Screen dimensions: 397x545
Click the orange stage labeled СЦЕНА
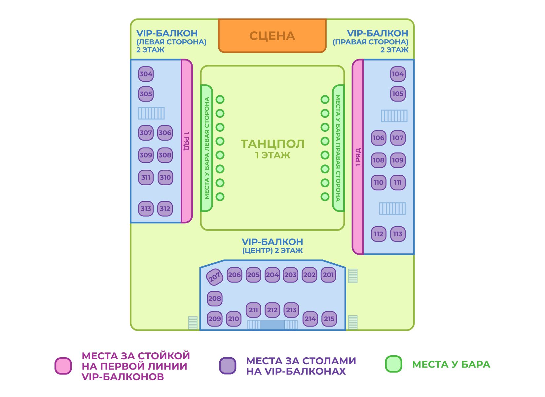(x=272, y=36)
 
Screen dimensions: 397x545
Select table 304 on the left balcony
(x=146, y=74)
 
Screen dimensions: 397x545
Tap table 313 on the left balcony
(x=146, y=209)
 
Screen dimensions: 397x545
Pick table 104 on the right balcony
(x=398, y=74)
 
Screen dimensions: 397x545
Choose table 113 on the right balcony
(x=398, y=234)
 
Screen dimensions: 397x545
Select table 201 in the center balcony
(x=328, y=275)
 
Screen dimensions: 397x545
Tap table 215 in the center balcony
(x=329, y=319)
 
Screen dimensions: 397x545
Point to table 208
(x=215, y=299)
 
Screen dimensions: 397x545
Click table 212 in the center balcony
(x=272, y=310)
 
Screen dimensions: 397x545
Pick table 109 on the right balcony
(x=398, y=160)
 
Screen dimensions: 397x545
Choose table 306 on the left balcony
(x=165, y=133)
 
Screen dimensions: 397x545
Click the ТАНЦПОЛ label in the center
(x=272, y=144)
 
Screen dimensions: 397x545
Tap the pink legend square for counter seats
(x=63, y=366)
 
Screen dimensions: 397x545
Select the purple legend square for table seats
(x=228, y=366)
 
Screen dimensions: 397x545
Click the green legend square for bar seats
(x=393, y=364)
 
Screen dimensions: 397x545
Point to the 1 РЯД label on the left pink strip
(x=187, y=141)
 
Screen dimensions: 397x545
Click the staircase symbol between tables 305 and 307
(x=151, y=113)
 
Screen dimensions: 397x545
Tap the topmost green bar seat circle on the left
(x=220, y=99)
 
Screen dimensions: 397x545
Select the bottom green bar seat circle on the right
(x=325, y=197)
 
